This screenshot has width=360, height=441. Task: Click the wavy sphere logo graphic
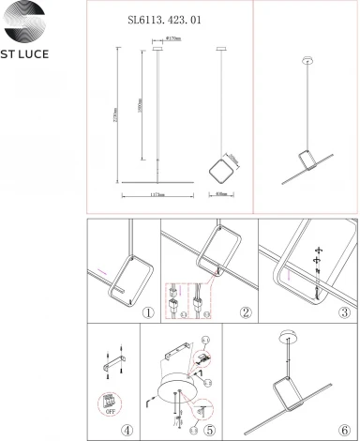tap(34, 22)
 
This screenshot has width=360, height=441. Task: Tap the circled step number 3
tap(345, 312)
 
